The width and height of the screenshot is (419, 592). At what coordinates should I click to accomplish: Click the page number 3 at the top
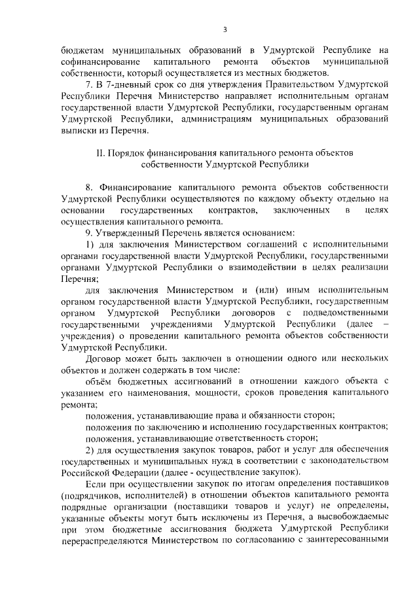pos(225,29)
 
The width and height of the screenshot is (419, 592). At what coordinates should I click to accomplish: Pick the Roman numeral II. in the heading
pos(101,152)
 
